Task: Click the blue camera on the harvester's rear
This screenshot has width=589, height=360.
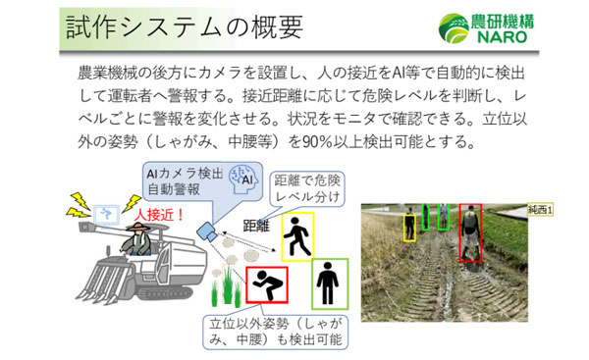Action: [x=208, y=232]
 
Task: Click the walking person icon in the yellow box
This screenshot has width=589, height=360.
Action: [x=295, y=236]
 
